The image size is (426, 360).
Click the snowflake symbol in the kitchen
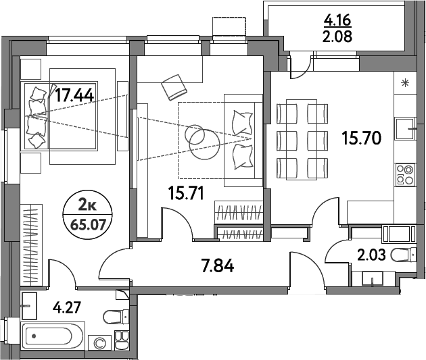pyautogui.click(x=405, y=84)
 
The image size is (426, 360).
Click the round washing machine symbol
pyautogui.click(x=100, y=343)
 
